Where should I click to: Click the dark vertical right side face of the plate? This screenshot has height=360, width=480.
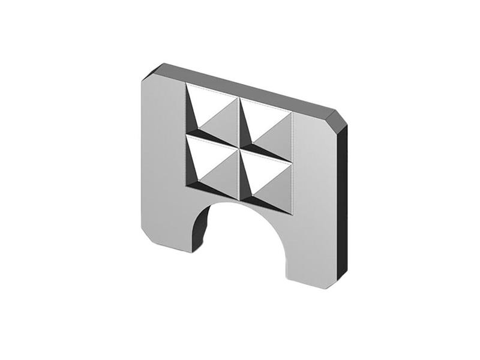[342, 204]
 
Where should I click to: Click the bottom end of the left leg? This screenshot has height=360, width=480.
[171, 244]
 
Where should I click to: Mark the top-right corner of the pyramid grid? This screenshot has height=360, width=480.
[292, 113]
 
